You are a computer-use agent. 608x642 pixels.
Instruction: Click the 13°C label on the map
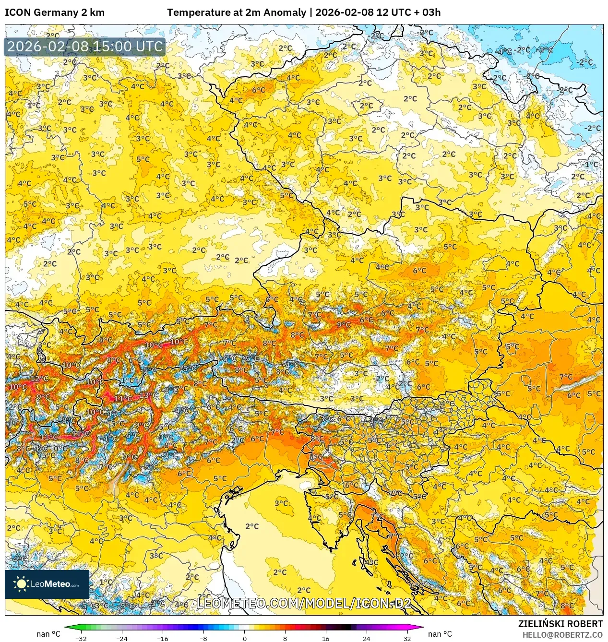[x=148, y=395]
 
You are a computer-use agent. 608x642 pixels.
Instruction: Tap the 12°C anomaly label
[x=40, y=379]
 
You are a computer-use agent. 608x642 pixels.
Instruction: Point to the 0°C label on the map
[x=60, y=449]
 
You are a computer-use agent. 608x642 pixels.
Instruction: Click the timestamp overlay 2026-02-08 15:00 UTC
[x=85, y=47]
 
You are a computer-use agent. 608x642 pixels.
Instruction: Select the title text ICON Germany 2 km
[x=55, y=12]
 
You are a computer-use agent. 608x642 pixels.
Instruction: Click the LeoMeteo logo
[x=47, y=584]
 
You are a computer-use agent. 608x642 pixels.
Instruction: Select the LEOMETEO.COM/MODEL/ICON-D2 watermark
[x=304, y=603]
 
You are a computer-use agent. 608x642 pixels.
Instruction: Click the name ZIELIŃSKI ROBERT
[x=560, y=624]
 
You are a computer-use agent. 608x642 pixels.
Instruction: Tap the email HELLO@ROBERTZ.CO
[x=562, y=635]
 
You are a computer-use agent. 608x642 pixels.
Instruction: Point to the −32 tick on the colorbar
[x=81, y=638]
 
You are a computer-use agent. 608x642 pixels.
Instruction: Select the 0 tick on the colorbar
[x=244, y=638]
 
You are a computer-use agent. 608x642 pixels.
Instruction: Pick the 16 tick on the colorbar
[x=326, y=638]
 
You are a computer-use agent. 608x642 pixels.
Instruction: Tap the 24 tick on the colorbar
[x=367, y=638]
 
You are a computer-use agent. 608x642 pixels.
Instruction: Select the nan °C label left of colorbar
[x=48, y=634]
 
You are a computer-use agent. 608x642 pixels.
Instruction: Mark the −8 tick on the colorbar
[x=203, y=638]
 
